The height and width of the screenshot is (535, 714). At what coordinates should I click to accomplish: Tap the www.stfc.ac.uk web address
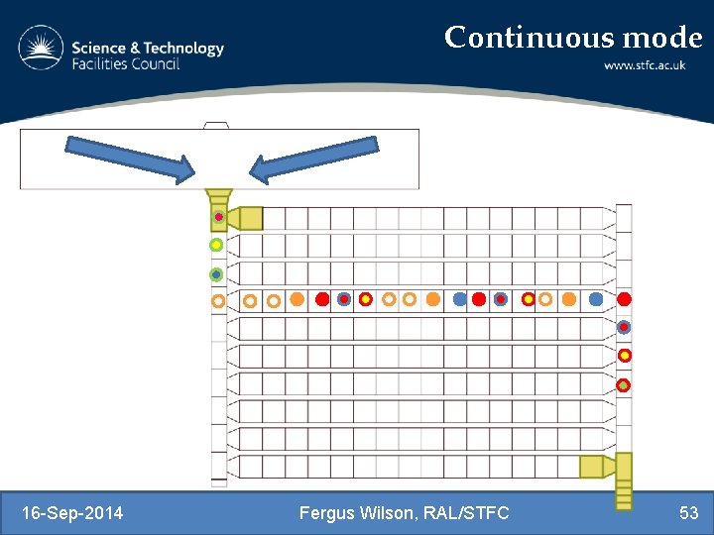click(653, 65)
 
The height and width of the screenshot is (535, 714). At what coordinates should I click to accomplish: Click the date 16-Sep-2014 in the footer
click(72, 512)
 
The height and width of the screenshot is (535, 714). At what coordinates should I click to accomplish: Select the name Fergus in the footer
click(327, 512)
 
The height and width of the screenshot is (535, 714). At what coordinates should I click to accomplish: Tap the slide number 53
click(688, 512)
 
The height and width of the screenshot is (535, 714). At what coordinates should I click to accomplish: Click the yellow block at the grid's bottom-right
click(592, 466)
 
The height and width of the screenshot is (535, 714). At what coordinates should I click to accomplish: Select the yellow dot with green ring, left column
click(216, 245)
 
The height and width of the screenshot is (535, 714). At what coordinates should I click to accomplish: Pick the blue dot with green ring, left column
click(216, 274)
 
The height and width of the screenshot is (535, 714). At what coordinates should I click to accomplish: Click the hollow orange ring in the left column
click(217, 300)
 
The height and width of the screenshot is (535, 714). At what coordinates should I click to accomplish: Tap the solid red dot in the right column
click(624, 298)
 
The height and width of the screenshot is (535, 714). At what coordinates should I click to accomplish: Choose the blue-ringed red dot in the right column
click(624, 327)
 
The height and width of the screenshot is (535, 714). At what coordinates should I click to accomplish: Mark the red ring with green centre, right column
click(624, 384)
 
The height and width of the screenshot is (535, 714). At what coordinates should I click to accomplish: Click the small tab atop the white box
click(215, 125)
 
